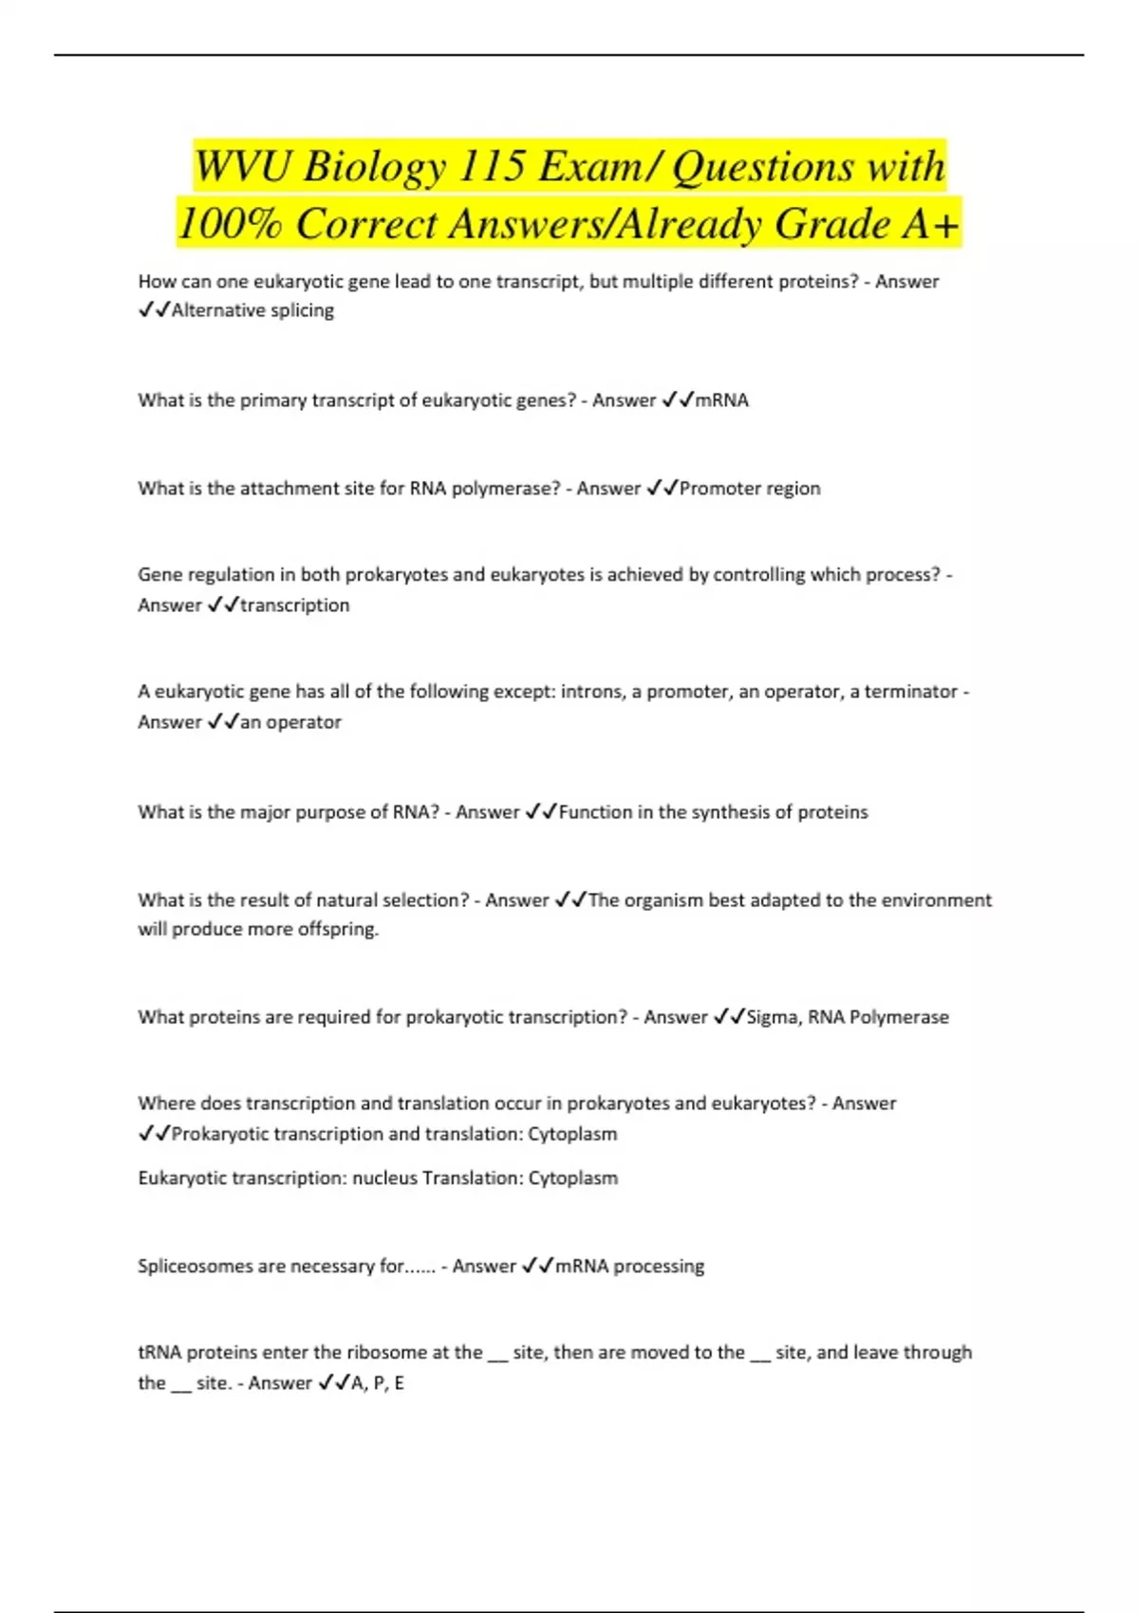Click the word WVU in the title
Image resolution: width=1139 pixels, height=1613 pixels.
243,167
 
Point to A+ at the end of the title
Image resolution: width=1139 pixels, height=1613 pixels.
931,225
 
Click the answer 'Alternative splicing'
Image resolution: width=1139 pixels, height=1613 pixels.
252,310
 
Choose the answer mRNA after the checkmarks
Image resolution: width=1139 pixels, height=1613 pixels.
721,400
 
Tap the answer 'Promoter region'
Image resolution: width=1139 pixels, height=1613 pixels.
750,489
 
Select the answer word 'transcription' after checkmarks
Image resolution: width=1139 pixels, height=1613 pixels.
294,605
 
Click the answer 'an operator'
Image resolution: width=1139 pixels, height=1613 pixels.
290,722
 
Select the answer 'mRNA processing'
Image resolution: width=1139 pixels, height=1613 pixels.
629,1267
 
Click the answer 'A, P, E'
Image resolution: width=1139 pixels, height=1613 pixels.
378,1383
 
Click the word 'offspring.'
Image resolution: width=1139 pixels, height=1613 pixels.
338,929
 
